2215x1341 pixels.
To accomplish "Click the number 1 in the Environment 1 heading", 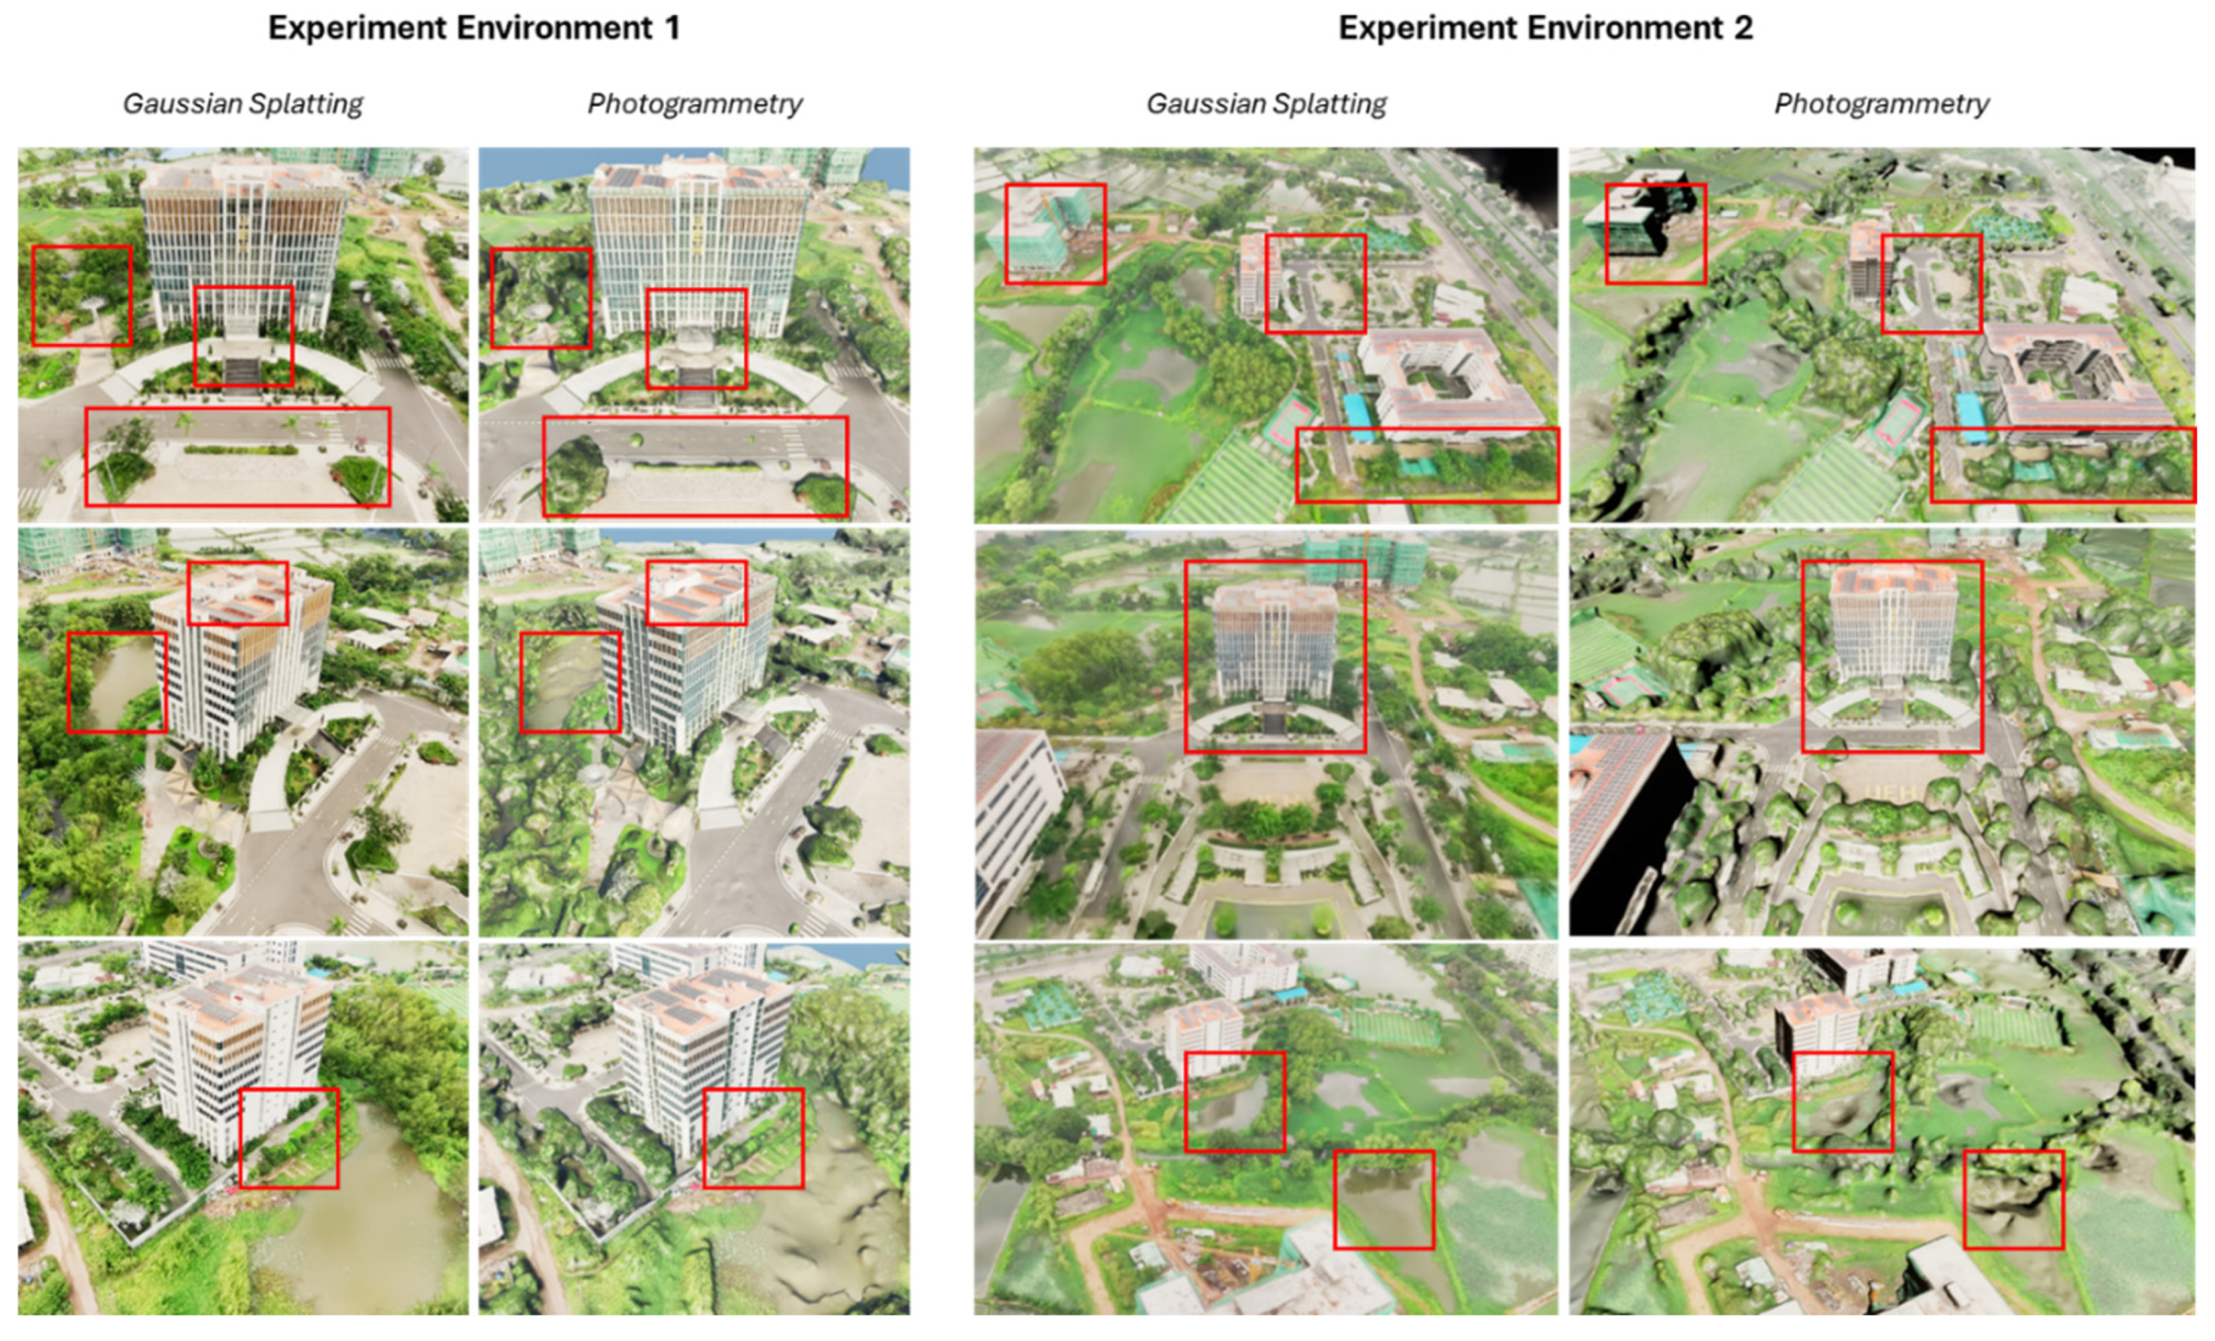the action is click(x=672, y=28).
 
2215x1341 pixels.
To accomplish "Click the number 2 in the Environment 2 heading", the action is click(x=1743, y=28).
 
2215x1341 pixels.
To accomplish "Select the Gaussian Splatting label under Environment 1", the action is click(x=243, y=104).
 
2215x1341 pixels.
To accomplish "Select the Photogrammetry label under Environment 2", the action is click(x=1881, y=104).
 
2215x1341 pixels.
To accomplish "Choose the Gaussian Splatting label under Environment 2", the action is click(x=1265, y=104).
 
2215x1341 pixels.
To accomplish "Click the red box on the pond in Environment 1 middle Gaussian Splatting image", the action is click(x=116, y=682).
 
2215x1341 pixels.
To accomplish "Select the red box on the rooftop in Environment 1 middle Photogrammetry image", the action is click(x=696, y=592).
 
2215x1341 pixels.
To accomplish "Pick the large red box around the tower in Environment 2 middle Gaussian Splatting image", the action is click(x=1275, y=657).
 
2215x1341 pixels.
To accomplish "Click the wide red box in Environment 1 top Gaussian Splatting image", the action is click(x=238, y=457).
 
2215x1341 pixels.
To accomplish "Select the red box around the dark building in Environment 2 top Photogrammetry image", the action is click(x=1655, y=234).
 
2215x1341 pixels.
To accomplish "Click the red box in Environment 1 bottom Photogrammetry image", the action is click(x=753, y=1138).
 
